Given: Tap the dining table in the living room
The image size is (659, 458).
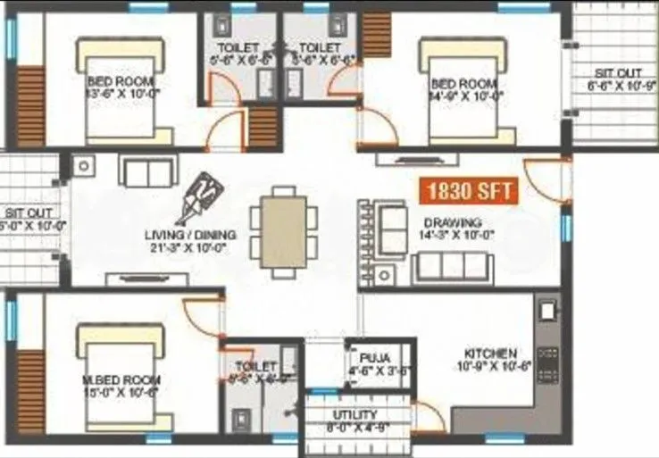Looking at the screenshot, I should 283,229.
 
